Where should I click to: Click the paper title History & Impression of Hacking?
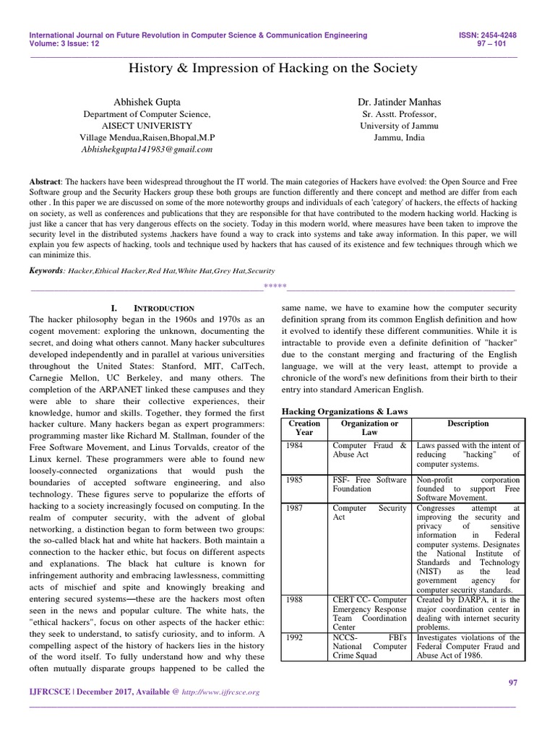[272, 69]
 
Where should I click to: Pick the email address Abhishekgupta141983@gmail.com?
[147, 150]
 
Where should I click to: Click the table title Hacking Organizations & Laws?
[344, 411]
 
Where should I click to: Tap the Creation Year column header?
[304, 428]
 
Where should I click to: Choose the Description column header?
[468, 423]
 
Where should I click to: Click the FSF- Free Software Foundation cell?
[369, 483]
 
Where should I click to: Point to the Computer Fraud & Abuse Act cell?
[369, 451]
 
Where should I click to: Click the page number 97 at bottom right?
[515, 682]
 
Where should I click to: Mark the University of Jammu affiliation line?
[400, 125]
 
